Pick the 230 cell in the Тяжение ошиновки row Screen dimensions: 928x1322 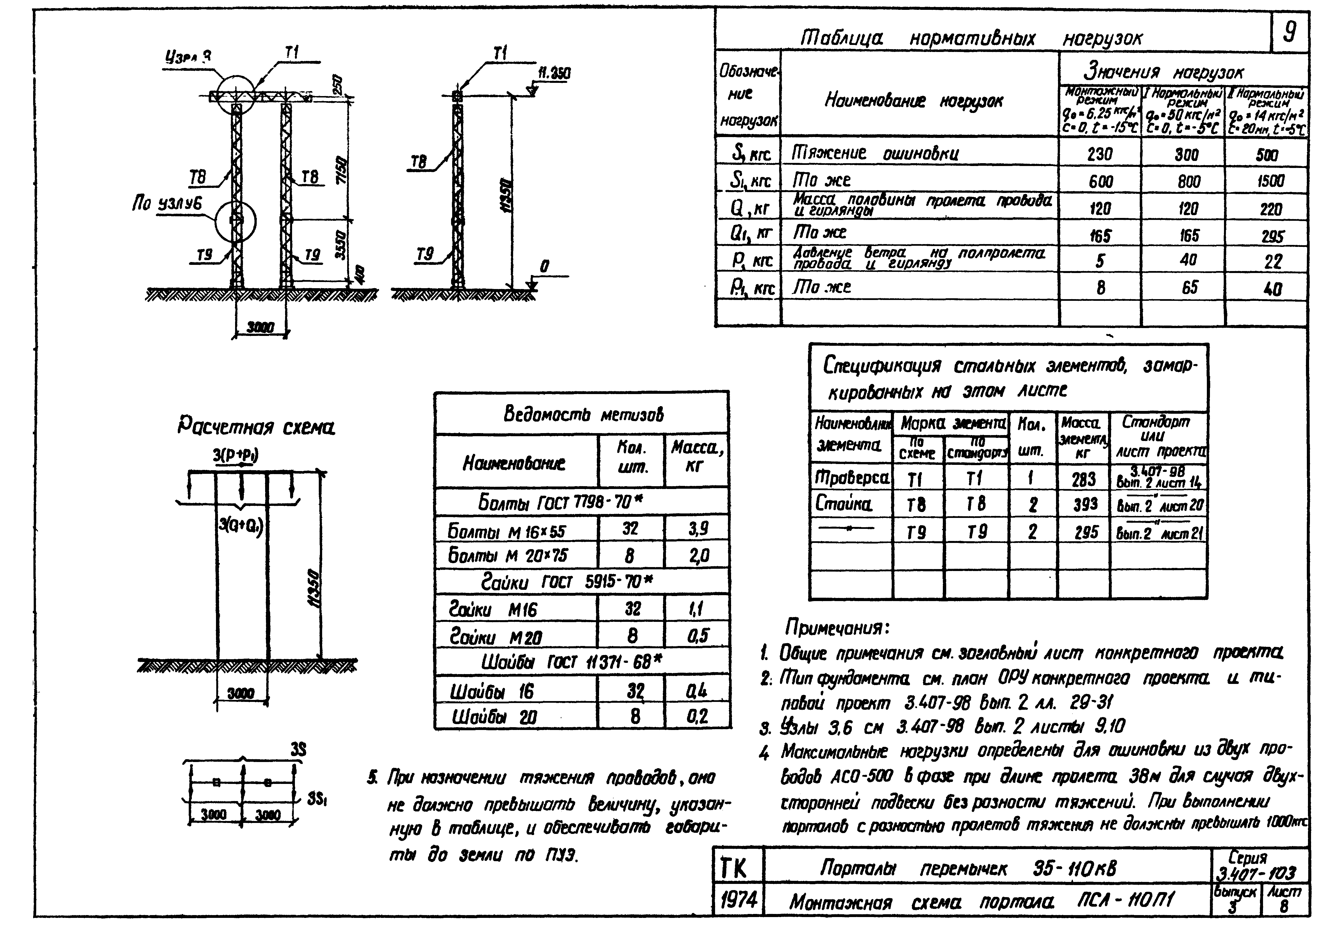pyautogui.click(x=1100, y=154)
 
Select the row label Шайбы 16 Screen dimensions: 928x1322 pyautogui.click(x=492, y=691)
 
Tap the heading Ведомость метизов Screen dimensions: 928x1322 pyautogui.click(x=583, y=414)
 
